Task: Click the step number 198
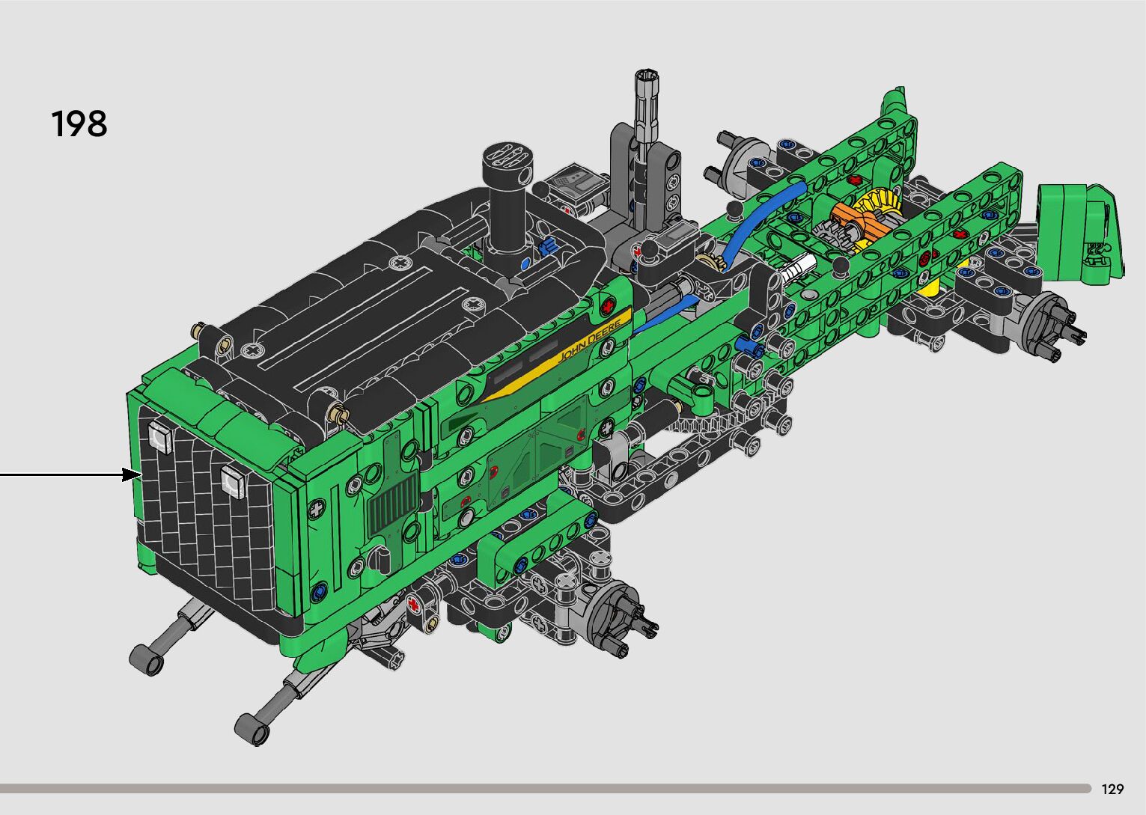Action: click(79, 123)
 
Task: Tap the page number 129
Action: click(1112, 789)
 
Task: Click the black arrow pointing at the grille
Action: click(70, 474)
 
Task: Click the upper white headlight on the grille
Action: click(160, 437)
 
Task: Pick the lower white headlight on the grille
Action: click(233, 481)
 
